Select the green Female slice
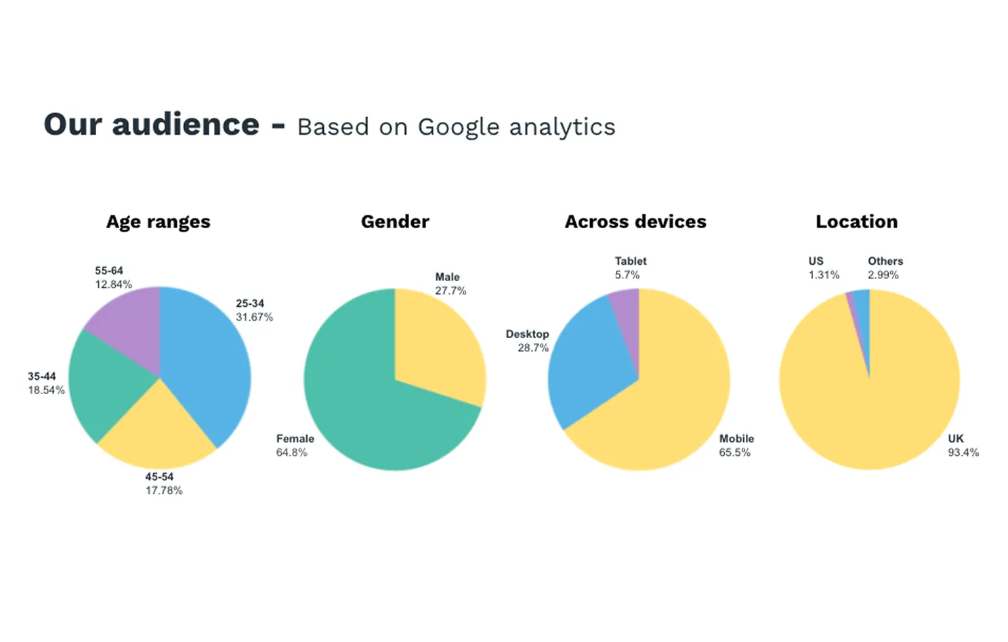[366, 406]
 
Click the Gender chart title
[395, 221]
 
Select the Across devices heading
[635, 221]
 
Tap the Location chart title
[856, 221]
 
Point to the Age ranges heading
[158, 222]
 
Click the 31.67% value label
[254, 317]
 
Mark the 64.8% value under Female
[291, 452]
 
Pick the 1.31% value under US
[823, 275]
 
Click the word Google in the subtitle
[458, 127]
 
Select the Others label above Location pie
[885, 261]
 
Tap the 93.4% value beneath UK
[963, 452]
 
